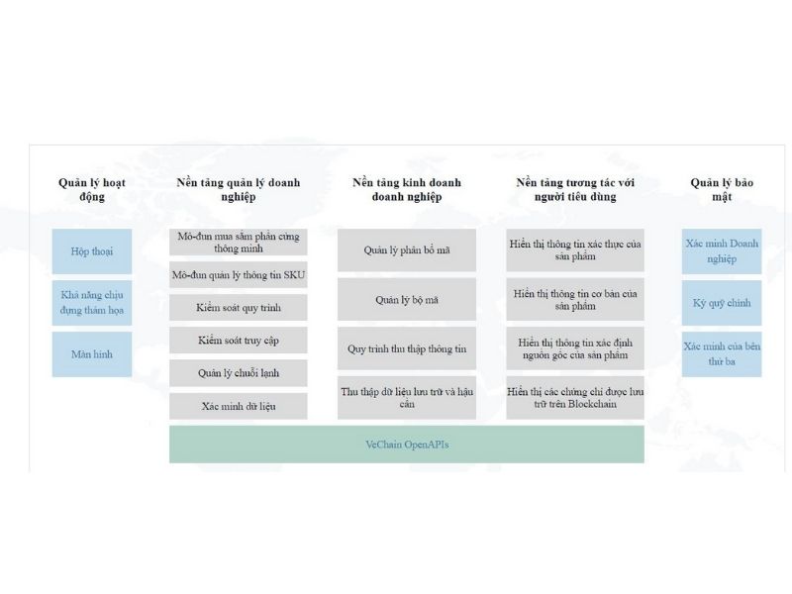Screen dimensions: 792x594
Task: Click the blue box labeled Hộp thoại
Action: click(x=92, y=251)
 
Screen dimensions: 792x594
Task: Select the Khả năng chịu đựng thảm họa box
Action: click(x=92, y=303)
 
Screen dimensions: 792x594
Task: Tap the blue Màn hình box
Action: click(x=92, y=354)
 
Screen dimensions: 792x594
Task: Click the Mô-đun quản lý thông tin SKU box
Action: click(x=239, y=275)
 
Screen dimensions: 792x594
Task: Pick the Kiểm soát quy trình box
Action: click(x=239, y=308)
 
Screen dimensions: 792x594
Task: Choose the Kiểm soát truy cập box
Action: click(x=239, y=341)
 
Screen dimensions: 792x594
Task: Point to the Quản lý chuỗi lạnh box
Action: click(x=239, y=373)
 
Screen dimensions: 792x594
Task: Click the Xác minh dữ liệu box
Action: click(x=239, y=406)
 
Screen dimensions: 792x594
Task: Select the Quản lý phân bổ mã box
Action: click(x=407, y=250)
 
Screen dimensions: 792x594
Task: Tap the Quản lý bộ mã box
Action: click(x=407, y=300)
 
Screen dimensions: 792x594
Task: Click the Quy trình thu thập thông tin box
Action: click(x=407, y=348)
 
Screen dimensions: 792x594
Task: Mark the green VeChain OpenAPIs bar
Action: click(x=407, y=445)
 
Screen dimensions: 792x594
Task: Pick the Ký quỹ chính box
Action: click(x=722, y=303)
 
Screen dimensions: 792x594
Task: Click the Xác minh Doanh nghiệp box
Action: click(x=722, y=251)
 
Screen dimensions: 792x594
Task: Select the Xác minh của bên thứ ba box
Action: click(x=722, y=354)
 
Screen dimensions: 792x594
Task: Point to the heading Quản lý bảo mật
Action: click(x=722, y=189)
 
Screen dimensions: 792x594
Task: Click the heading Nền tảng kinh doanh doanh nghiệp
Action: click(x=407, y=189)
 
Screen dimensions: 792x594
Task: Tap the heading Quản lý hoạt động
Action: click(x=92, y=189)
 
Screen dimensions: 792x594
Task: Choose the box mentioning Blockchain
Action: click(x=575, y=398)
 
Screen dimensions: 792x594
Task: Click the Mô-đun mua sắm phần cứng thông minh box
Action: click(x=239, y=242)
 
